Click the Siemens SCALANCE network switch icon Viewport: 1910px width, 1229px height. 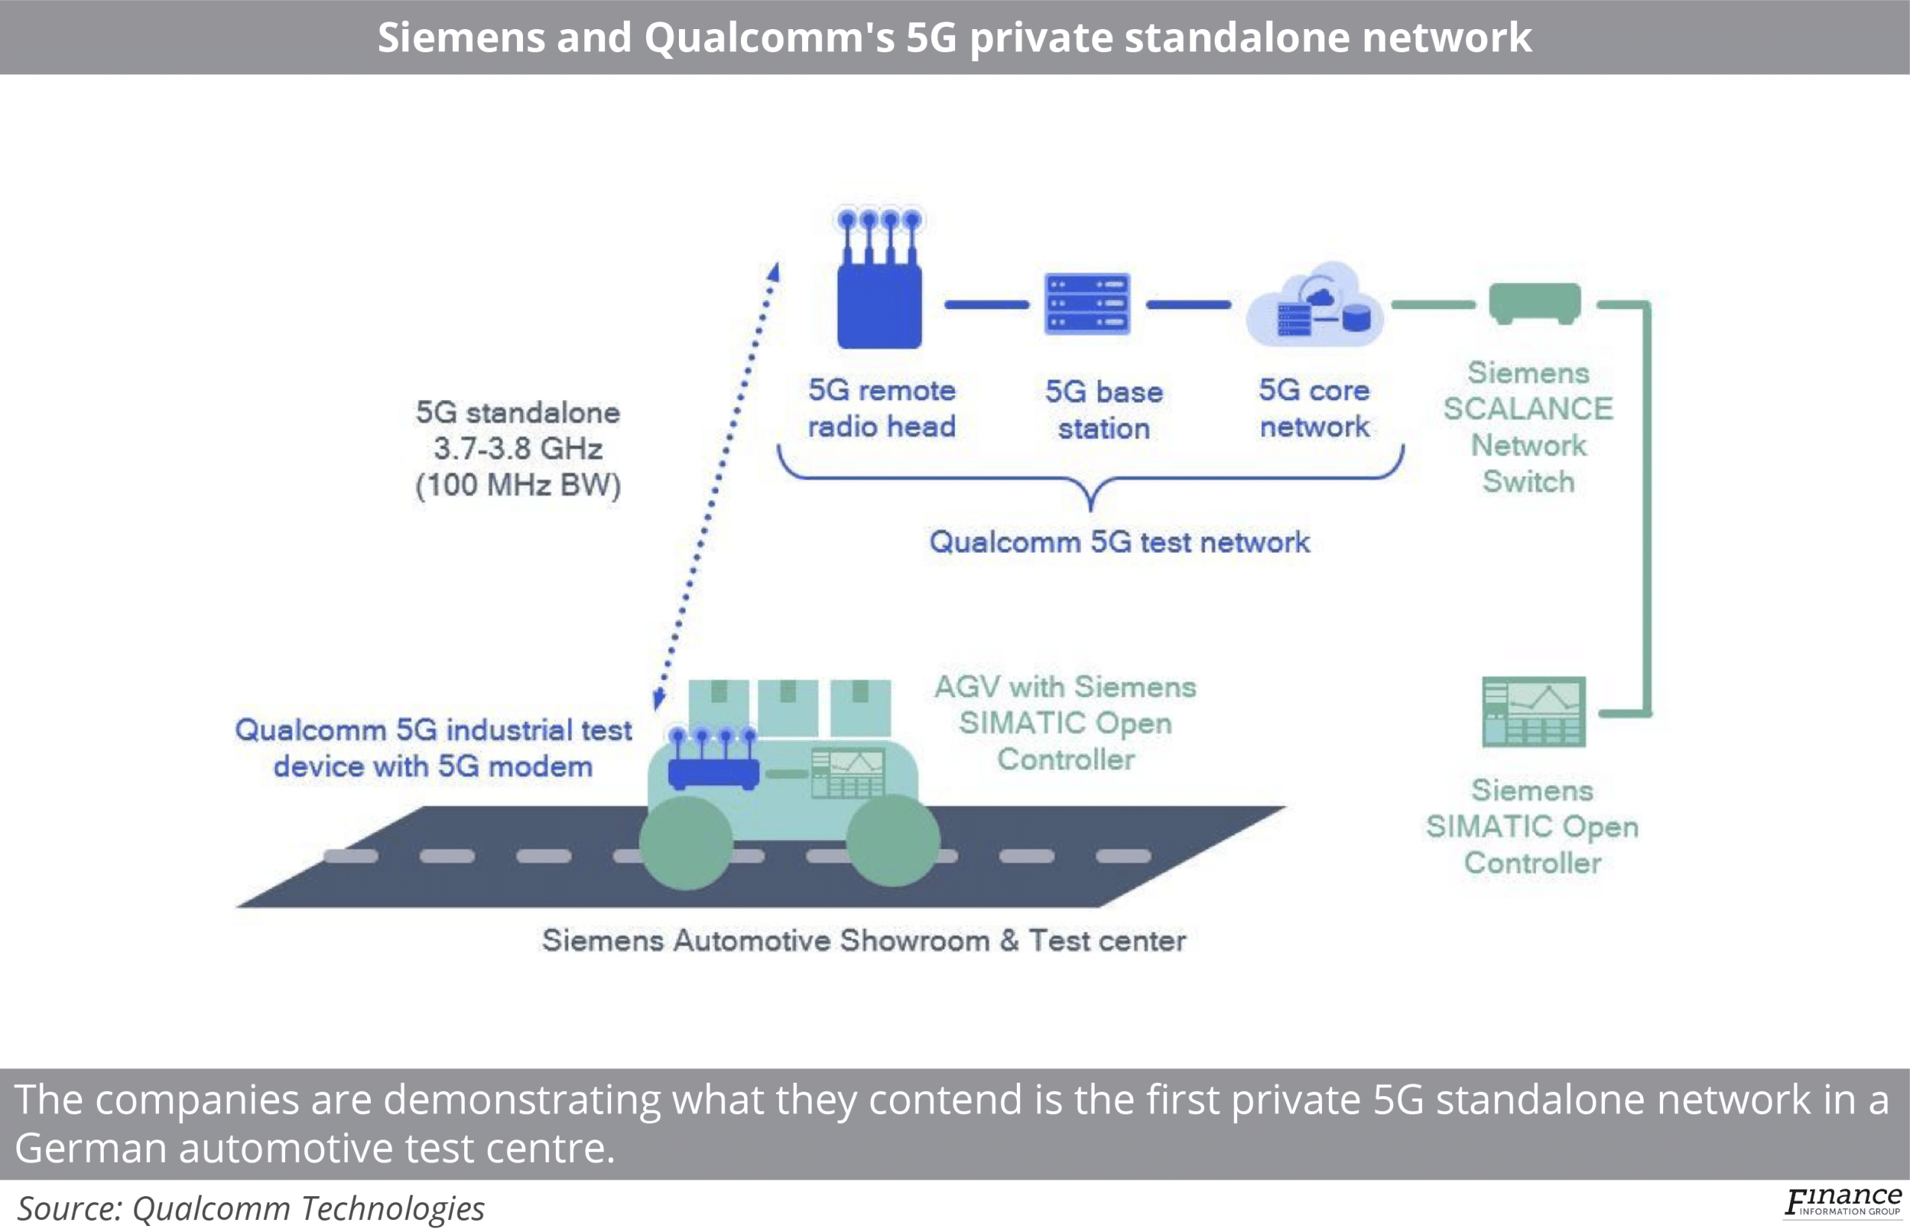1534,302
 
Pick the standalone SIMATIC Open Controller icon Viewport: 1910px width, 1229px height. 1533,711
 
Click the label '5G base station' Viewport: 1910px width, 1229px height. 1104,410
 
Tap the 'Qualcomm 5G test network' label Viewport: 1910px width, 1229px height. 1119,542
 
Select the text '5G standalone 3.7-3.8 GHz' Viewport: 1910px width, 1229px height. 518,431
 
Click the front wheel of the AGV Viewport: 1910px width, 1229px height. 686,842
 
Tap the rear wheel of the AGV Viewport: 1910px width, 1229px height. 893,840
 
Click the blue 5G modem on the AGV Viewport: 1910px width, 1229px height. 713,770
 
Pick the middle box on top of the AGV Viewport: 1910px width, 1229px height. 787,707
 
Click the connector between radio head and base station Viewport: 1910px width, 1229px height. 986,304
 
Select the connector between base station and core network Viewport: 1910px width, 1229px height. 1188,304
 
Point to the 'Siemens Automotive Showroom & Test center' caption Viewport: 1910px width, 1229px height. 863,940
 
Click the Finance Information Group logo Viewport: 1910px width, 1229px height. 1842,1202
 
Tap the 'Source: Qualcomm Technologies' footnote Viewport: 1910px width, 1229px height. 251,1208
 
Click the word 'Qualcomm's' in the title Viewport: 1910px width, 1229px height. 769,37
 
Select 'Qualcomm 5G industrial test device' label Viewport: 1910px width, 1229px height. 433,748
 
